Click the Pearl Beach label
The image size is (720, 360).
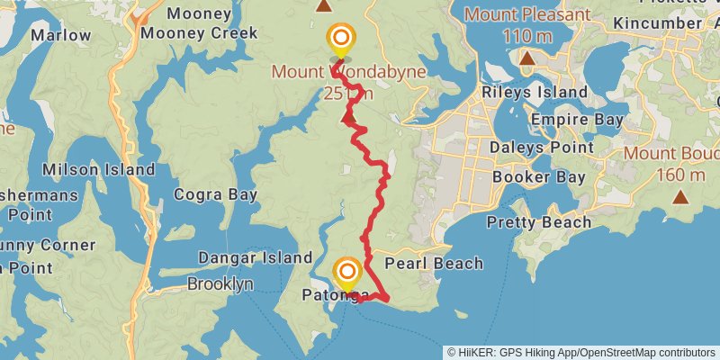point(433,264)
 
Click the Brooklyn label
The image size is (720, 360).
point(220,283)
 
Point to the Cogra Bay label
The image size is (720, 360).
point(215,193)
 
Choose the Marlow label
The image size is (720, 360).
point(60,35)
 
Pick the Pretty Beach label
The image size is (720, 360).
point(539,222)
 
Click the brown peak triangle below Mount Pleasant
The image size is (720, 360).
point(527,59)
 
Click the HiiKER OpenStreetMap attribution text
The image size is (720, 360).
point(582,352)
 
